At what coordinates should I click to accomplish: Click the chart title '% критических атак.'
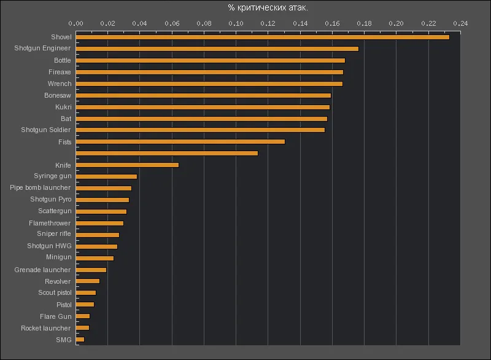pos(268,7)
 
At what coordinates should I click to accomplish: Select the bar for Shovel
pos(263,37)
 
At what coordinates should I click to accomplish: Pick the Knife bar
pos(127,165)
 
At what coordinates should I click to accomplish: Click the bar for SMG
pos(80,339)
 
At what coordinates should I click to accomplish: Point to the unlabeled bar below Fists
pos(167,153)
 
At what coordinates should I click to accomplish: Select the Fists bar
pos(180,141)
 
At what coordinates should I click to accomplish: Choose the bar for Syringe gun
pos(106,176)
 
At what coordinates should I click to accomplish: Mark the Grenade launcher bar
pos(91,270)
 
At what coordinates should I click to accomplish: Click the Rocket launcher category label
pos(46,328)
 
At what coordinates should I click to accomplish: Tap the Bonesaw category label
pos(58,95)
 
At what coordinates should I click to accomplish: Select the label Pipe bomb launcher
pos(41,187)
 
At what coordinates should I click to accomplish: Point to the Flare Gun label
pos(56,316)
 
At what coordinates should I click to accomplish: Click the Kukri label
pos(63,107)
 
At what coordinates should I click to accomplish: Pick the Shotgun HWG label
pos(49,246)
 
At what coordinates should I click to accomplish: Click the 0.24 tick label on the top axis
pos(460,23)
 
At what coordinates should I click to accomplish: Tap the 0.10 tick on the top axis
pos(236,23)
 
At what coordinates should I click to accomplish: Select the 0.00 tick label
pos(76,23)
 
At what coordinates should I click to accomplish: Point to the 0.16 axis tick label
pos(332,23)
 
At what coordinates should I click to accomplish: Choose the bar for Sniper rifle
pos(98,235)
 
